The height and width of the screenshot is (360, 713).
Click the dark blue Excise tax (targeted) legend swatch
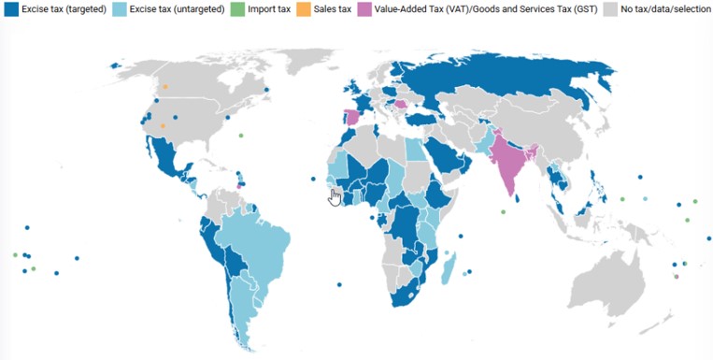click(x=11, y=8)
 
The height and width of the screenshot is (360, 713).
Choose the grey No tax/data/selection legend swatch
click(x=608, y=8)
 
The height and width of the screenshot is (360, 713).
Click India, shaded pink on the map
click(x=509, y=159)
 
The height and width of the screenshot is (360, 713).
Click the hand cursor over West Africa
click(x=335, y=196)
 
